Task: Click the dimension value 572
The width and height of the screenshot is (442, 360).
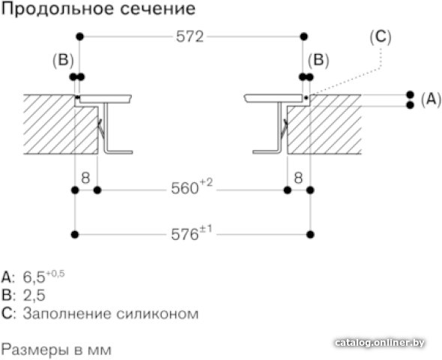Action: tap(190, 37)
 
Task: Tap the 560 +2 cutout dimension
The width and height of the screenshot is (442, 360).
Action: tap(192, 187)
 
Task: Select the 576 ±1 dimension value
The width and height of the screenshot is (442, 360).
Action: tap(192, 232)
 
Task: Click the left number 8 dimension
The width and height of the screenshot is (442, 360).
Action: tap(85, 178)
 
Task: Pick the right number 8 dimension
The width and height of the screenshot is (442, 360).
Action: tap(298, 178)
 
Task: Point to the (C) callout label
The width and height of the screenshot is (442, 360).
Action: tap(381, 37)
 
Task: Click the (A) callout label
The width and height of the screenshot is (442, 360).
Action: tap(431, 99)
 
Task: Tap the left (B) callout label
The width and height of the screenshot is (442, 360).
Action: tap(63, 61)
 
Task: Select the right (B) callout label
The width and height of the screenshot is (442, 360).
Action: tap(318, 61)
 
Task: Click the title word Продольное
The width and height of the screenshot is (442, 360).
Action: tap(57, 9)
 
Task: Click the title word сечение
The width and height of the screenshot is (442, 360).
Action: tap(158, 9)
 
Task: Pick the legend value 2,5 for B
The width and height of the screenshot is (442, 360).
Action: tap(34, 295)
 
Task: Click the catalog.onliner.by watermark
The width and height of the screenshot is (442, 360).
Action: tap(380, 343)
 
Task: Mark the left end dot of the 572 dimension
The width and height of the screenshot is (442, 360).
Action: tap(80, 37)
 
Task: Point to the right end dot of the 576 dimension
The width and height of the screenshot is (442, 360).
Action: tap(310, 235)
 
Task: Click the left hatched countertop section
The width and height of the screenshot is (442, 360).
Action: tap(61, 124)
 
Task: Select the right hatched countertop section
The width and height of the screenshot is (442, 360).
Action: tap(324, 124)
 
